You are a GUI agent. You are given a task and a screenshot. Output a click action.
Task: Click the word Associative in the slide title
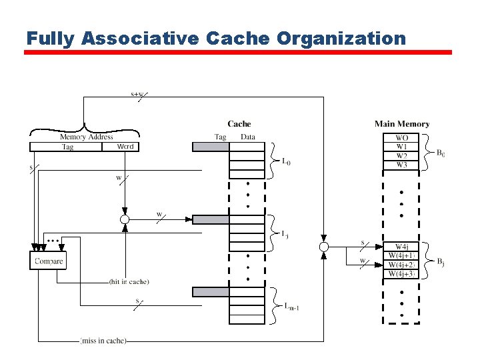pos(141,38)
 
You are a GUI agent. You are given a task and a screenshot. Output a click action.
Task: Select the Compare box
pos(49,261)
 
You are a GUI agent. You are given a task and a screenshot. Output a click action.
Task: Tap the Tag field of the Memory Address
pos(67,147)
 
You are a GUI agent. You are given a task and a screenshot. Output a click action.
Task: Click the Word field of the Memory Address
pos(125,147)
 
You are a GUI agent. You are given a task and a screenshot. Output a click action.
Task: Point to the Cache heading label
pos(239,123)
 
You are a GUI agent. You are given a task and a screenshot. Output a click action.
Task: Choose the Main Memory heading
pos(402,123)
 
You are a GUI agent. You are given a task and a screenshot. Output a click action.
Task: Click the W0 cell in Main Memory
pos(402,138)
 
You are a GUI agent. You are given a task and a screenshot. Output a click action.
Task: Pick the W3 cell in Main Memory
pos(402,165)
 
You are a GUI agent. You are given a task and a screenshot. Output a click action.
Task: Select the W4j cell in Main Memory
pos(402,247)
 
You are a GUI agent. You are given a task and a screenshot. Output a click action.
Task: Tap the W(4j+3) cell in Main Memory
pos(402,273)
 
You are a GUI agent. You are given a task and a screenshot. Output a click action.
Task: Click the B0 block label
pos(441,153)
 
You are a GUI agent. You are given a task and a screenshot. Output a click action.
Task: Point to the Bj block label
pos(441,262)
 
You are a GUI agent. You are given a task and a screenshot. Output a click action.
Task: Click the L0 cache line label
pos(286,161)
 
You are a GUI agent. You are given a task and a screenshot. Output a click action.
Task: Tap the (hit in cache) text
pos(129,282)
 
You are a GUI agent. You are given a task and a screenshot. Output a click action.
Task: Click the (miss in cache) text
pos(103,341)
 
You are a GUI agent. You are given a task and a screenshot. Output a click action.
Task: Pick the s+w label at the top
pos(137,94)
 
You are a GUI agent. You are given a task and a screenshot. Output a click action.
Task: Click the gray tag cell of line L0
pos(211,147)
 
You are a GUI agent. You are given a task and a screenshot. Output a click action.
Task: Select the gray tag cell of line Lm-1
pos(211,291)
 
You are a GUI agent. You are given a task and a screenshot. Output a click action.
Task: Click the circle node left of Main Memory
pos(324,247)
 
